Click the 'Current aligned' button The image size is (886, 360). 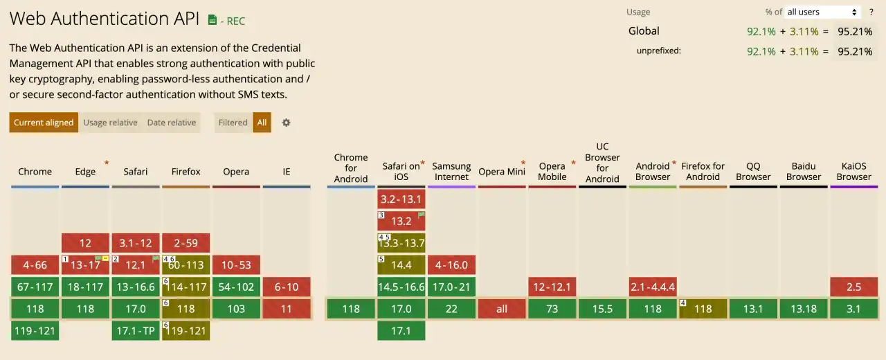(x=44, y=123)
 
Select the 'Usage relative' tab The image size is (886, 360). (x=110, y=123)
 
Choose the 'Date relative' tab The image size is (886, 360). (x=171, y=123)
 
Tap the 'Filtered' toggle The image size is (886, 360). (x=233, y=123)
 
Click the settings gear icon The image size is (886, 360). (x=286, y=123)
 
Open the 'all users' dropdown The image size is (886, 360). (x=822, y=12)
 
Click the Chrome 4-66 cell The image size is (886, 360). (x=35, y=265)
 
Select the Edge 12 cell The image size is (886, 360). (x=85, y=243)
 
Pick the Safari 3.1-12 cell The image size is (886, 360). (x=136, y=243)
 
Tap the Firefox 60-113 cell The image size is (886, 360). (x=186, y=265)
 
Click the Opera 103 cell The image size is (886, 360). (x=236, y=309)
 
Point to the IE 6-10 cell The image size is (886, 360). (x=287, y=287)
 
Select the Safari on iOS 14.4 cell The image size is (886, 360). (x=401, y=265)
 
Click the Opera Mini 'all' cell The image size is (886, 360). (x=502, y=309)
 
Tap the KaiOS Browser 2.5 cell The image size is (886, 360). (x=853, y=287)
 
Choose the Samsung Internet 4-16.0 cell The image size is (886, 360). (x=451, y=265)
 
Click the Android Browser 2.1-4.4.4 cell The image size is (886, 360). (x=653, y=287)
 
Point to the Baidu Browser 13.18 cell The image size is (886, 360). (x=804, y=309)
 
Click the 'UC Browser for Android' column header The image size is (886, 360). (x=602, y=163)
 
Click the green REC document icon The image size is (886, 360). (x=213, y=21)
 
